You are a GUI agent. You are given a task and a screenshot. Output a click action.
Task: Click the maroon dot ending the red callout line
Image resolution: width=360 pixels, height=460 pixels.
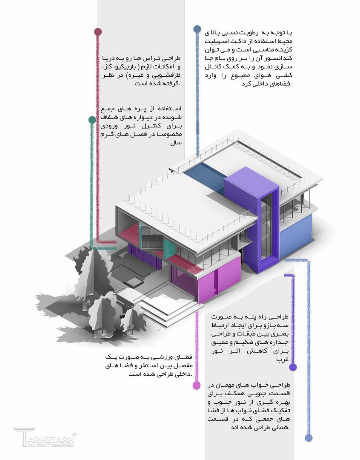coord(98,32)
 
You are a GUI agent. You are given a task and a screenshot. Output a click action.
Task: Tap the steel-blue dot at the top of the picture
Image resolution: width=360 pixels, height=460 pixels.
coord(197,29)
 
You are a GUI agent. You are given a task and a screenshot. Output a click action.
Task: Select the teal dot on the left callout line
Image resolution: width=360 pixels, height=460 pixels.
coord(92,120)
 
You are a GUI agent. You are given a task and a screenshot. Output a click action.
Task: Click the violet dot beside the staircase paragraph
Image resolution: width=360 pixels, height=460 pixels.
coord(293,367)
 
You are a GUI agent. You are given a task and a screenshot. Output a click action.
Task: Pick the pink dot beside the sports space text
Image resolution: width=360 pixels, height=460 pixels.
coord(197,385)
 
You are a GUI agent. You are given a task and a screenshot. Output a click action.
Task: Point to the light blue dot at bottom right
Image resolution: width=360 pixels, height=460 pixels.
coord(309,438)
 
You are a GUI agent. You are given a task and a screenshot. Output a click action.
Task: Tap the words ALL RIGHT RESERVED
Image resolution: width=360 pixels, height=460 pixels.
coord(50,445)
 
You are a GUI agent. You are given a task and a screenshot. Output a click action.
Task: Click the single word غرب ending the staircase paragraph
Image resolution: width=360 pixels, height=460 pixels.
coord(283,359)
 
